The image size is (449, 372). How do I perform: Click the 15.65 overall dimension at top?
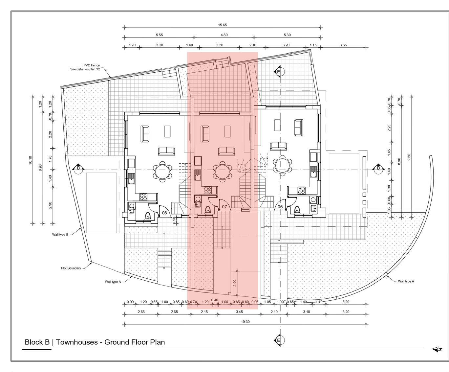[x=222, y=25]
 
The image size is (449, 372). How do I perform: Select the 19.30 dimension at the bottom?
[x=245, y=322]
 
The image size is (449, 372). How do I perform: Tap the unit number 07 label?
[x=224, y=207]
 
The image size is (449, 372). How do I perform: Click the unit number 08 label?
[x=164, y=213]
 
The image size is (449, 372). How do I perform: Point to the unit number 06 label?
[x=280, y=207]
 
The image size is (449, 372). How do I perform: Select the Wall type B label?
[x=60, y=234]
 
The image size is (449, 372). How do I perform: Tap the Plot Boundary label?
[x=71, y=268]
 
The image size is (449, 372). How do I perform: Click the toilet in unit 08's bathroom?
[x=147, y=216]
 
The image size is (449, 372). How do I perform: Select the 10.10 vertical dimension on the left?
[x=30, y=160]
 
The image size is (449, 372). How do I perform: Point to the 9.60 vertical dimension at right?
[x=409, y=157]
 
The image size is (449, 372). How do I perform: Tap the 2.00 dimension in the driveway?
[x=235, y=283]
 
